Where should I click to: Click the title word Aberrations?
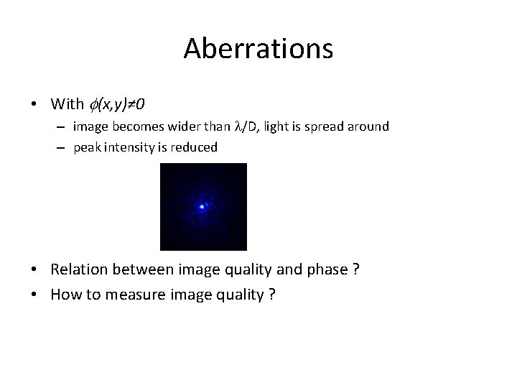[258, 49]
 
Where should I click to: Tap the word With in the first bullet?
[67, 104]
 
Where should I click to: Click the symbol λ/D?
[246, 126]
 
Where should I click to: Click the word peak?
[86, 147]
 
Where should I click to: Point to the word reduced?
[194, 147]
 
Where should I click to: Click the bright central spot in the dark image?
[202, 207]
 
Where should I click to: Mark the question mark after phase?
[355, 269]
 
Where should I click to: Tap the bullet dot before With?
[34, 104]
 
